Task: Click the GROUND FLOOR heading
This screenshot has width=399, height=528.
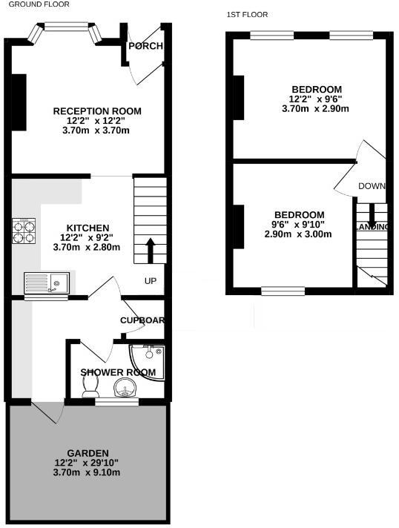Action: coord(35,4)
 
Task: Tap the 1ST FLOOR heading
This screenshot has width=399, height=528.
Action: coord(247,15)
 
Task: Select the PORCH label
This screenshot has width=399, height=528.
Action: coord(145,46)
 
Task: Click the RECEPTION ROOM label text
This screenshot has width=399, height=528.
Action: coord(97,111)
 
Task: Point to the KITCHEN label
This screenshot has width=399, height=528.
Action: coord(88,228)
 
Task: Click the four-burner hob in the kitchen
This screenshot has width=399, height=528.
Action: coord(24,231)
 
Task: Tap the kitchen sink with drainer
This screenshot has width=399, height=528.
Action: coord(46,283)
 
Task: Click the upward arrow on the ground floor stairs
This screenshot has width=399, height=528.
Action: coord(151,251)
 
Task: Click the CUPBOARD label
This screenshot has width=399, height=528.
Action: coord(142,320)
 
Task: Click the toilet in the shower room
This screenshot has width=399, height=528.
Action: coord(91,383)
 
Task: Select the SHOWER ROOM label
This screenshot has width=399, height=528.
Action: coord(118,372)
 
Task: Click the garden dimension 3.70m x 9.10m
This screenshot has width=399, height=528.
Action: coord(87,472)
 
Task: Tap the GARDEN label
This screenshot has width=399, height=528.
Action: coord(88,453)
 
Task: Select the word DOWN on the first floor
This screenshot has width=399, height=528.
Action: coord(372,186)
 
